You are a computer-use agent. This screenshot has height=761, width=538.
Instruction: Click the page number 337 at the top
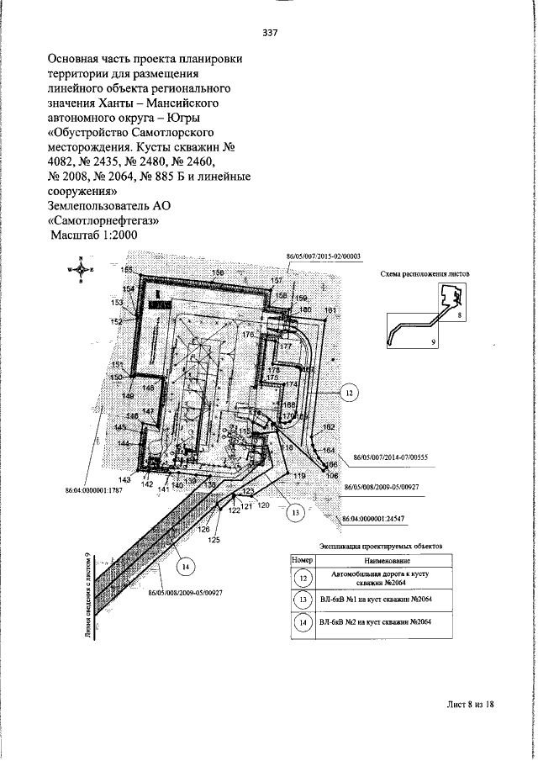click(x=270, y=33)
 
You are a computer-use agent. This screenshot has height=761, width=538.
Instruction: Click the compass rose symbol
click(x=81, y=270)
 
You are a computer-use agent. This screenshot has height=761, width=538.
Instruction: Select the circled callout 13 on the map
click(x=294, y=510)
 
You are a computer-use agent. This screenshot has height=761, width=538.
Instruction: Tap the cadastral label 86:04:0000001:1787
click(x=93, y=489)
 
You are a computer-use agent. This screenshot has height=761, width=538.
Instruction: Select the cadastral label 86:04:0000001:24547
click(x=375, y=519)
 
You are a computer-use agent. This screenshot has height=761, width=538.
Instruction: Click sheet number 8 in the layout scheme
click(x=460, y=314)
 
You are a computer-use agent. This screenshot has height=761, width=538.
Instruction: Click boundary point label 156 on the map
click(x=217, y=273)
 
